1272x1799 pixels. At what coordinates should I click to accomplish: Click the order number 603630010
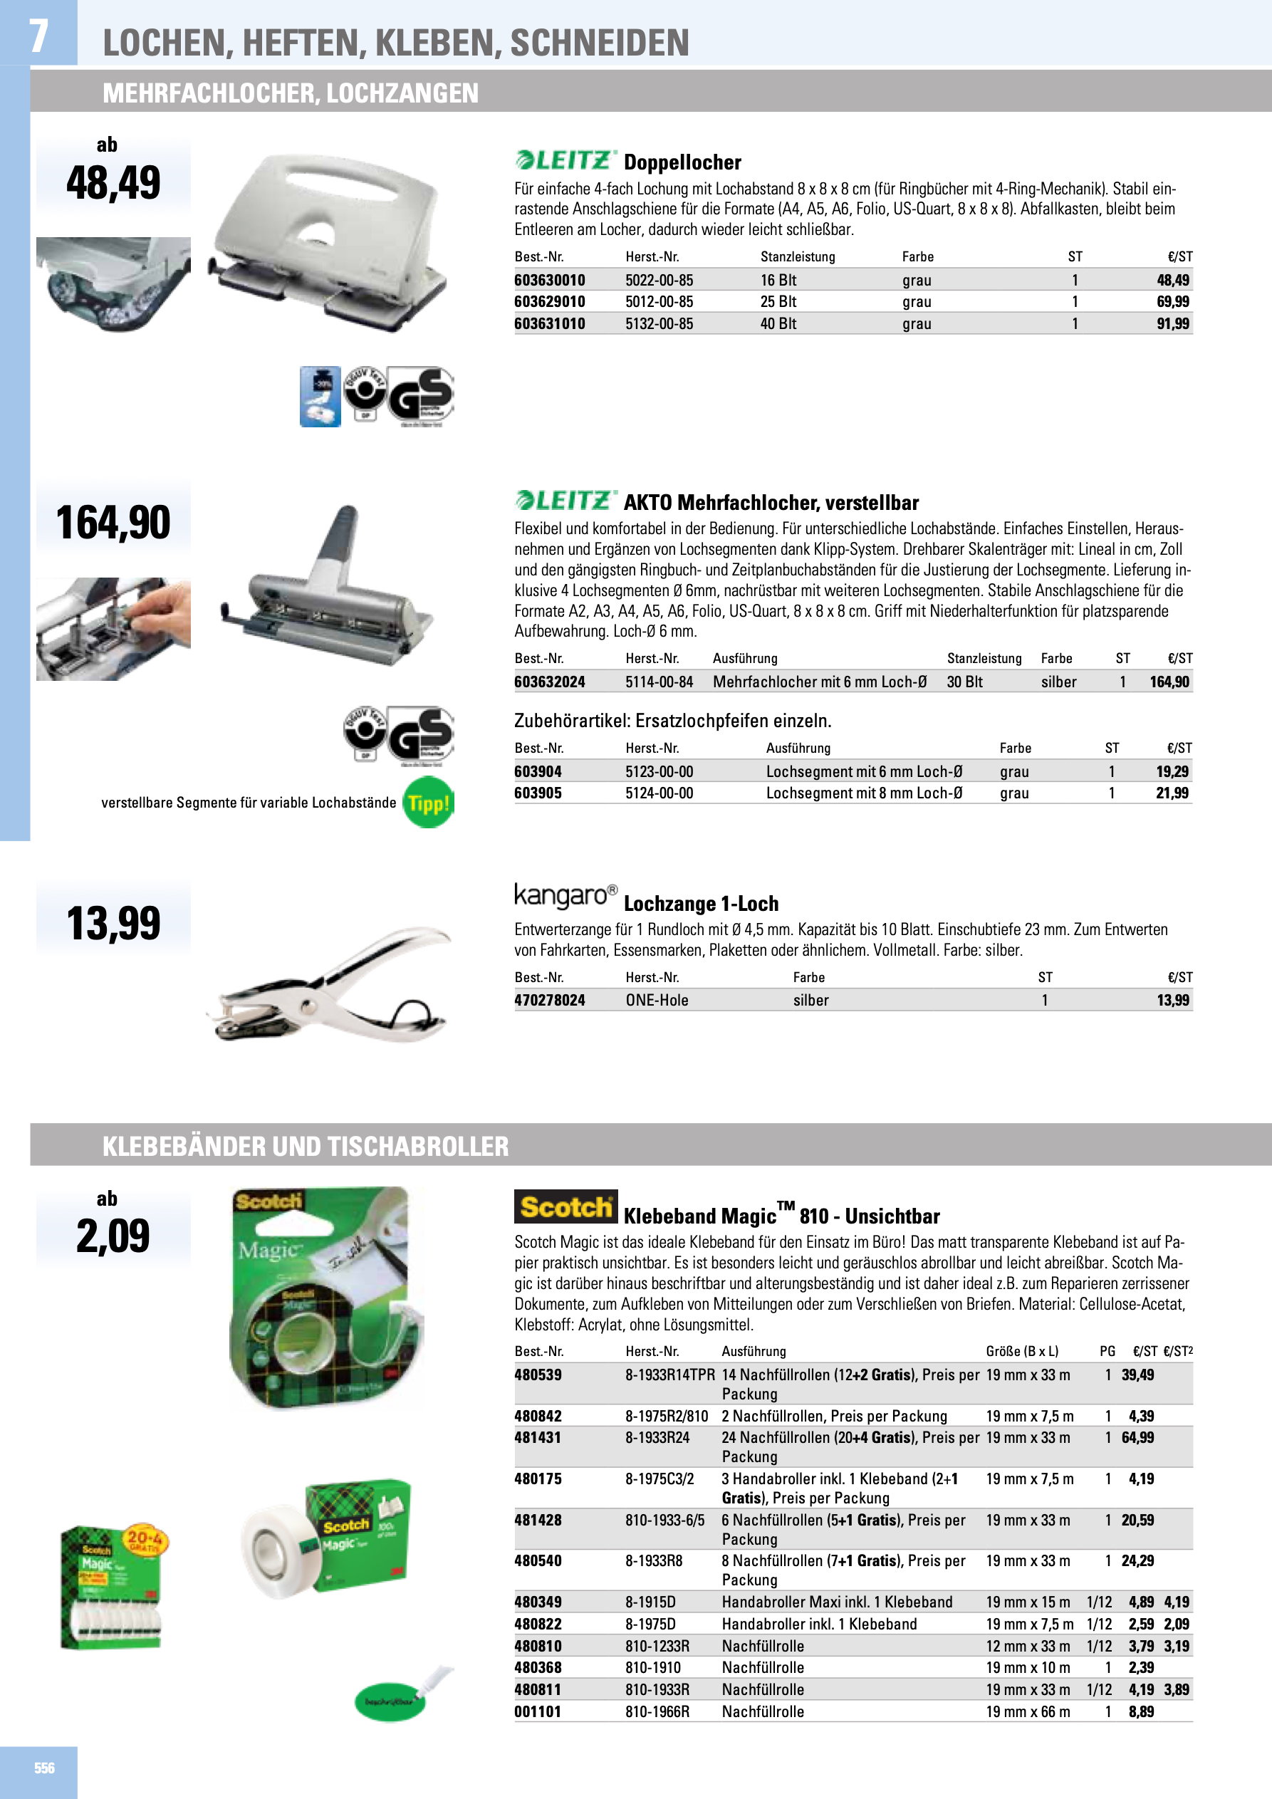549,281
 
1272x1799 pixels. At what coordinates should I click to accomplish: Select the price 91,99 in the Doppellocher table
1172,323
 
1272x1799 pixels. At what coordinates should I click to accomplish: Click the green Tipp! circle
428,803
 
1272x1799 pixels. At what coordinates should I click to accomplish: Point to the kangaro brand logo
565,895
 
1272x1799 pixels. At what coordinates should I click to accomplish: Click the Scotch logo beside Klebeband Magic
565,1207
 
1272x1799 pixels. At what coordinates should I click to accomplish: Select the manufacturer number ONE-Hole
657,1001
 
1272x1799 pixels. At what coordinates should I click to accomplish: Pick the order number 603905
538,793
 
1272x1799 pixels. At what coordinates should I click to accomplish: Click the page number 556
44,1768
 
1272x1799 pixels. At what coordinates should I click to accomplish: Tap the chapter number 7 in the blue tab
38,36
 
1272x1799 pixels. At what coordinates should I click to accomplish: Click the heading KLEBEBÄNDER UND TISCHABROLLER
306,1147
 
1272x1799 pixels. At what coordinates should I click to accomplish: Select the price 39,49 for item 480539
1137,1375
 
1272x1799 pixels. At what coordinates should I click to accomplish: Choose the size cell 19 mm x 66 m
1028,1712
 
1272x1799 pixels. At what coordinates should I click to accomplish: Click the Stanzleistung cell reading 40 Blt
778,323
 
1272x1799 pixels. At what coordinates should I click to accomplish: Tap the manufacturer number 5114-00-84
659,682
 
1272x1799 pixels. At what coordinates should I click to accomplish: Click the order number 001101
538,1712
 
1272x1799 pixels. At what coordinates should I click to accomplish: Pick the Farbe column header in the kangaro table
809,978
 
